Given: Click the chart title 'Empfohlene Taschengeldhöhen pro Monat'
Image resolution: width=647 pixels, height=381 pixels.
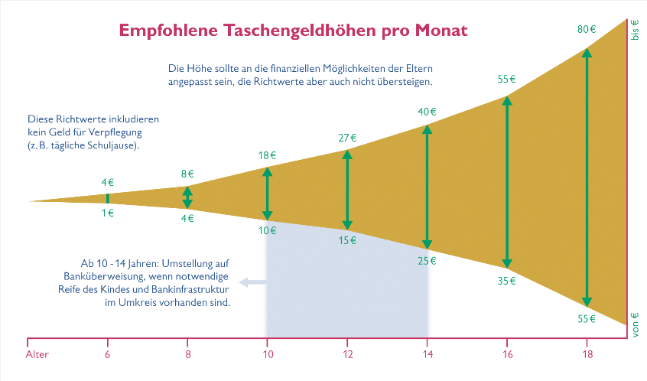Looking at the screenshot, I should [x=293, y=31].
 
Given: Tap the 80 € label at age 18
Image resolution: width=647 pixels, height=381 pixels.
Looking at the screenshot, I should [x=587, y=30].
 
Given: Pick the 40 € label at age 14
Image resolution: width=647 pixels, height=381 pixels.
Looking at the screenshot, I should [x=427, y=112].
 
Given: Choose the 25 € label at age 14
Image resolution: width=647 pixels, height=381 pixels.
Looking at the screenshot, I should [x=427, y=261].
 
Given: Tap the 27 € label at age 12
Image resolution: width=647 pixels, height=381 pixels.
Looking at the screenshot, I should [x=347, y=138].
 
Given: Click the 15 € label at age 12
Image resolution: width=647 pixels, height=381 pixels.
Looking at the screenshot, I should [x=347, y=241].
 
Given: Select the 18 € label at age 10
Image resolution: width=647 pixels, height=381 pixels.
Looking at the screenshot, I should [x=267, y=155].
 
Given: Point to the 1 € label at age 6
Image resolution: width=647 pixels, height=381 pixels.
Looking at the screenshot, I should [x=108, y=213].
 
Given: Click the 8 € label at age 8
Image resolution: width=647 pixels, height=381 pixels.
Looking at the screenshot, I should [x=187, y=174].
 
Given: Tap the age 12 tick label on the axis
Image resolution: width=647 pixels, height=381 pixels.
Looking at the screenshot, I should [x=347, y=355].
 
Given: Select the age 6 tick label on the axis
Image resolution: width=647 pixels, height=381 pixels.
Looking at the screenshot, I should [x=108, y=355].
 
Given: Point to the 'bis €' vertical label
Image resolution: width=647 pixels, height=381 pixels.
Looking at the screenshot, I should [x=634, y=29].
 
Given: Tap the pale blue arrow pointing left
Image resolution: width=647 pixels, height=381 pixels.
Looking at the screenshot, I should [x=252, y=283].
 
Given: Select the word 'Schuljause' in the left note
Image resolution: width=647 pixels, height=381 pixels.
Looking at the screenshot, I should [x=115, y=145].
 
